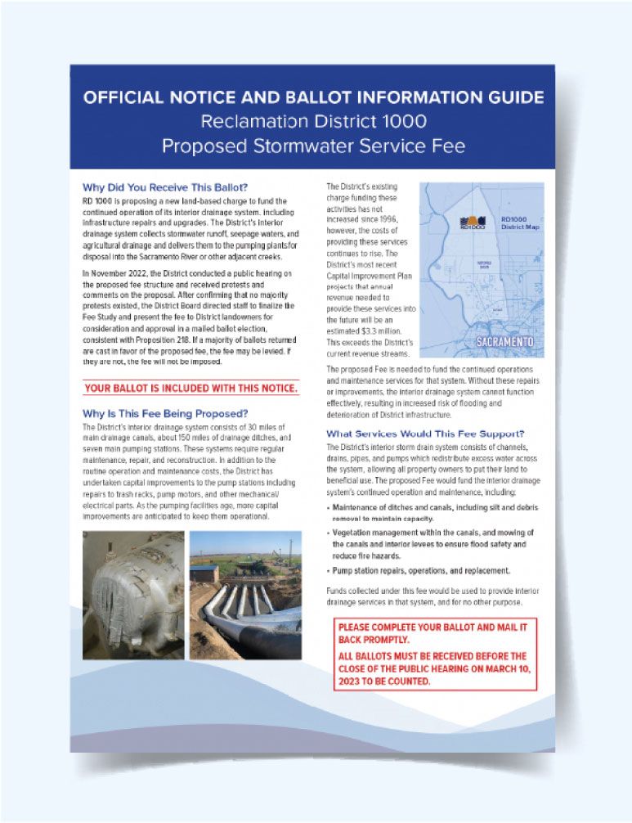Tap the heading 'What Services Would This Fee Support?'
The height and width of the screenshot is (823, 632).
point(425,433)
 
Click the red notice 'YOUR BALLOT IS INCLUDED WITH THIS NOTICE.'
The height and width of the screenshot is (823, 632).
point(190,388)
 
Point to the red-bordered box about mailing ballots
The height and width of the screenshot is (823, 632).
point(435,654)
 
